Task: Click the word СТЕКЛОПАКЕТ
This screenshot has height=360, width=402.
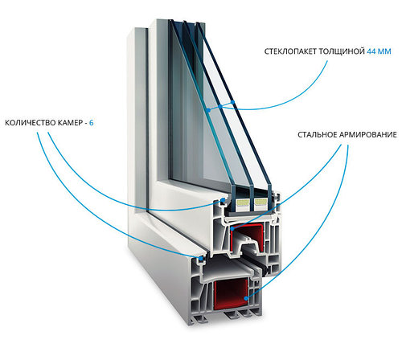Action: [290, 51]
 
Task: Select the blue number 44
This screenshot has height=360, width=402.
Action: [371, 51]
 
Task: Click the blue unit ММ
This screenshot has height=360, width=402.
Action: [384, 51]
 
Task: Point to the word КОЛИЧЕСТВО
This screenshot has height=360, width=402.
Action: [27, 123]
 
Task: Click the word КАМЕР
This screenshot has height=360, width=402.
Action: [66, 123]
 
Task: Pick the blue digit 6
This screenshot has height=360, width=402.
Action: [92, 123]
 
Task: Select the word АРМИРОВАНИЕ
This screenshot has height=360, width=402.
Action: [367, 134]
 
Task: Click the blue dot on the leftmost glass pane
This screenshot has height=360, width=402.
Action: [208, 110]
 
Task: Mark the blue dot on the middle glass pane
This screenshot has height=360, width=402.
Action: [220, 106]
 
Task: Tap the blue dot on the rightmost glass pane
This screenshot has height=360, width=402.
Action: [233, 102]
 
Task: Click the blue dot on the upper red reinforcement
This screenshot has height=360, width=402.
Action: [232, 229]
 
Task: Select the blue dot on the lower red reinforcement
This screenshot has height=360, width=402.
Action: [247, 298]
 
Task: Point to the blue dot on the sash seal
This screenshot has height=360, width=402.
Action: [223, 200]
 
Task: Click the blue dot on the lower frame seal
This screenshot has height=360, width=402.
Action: [200, 259]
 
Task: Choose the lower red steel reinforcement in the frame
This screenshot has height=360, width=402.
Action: [231, 294]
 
